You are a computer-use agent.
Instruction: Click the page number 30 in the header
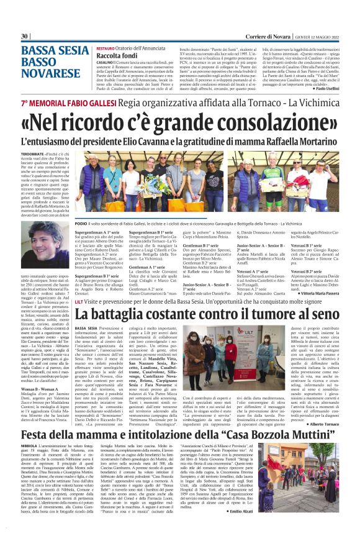coord(25,37)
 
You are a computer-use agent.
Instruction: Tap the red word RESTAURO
coord(105,47)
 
